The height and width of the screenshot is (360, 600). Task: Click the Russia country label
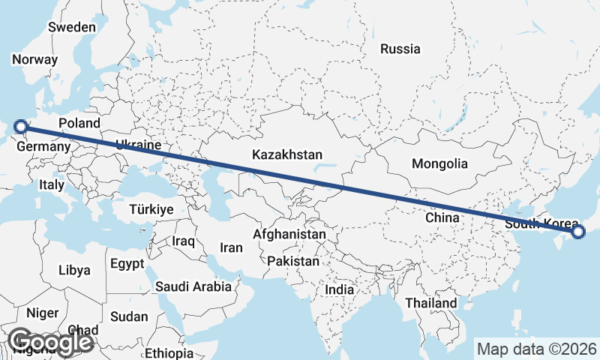tap(400, 49)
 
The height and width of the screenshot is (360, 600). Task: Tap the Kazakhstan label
tap(287, 155)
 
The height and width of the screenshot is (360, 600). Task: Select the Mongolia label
tap(439, 163)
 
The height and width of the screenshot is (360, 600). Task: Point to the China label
tap(442, 217)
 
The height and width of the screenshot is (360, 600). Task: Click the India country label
tap(340, 289)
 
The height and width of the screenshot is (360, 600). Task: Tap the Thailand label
tap(430, 303)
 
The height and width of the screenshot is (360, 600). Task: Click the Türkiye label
tap(151, 209)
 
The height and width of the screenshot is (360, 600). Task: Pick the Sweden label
tap(72, 27)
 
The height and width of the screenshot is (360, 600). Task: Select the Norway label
tap(35, 60)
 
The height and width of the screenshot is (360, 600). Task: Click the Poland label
tap(79, 122)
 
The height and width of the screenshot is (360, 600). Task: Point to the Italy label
tap(52, 184)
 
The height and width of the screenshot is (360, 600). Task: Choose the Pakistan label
tap(292, 262)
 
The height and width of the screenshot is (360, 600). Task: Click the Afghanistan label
tap(289, 235)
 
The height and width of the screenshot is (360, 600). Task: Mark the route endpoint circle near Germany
tap(20, 127)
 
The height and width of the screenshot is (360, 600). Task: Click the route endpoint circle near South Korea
tap(578, 232)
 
